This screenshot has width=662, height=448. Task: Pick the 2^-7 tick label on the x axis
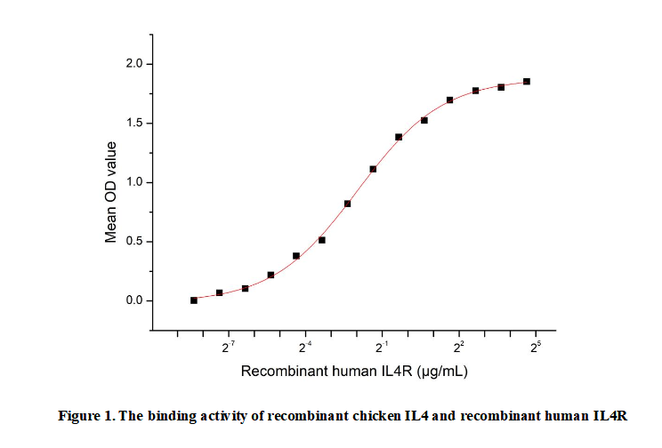point(229,346)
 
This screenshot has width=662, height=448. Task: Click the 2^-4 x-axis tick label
point(306,346)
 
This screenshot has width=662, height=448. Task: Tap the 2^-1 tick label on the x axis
point(383,346)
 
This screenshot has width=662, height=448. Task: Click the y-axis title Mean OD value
point(112,191)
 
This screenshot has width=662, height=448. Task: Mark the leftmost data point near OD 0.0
point(194,300)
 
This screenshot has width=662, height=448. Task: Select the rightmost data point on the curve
point(527,82)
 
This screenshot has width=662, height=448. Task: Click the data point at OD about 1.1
point(373,169)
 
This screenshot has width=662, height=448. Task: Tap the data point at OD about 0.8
point(347,204)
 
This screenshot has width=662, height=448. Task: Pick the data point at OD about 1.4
point(399,137)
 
